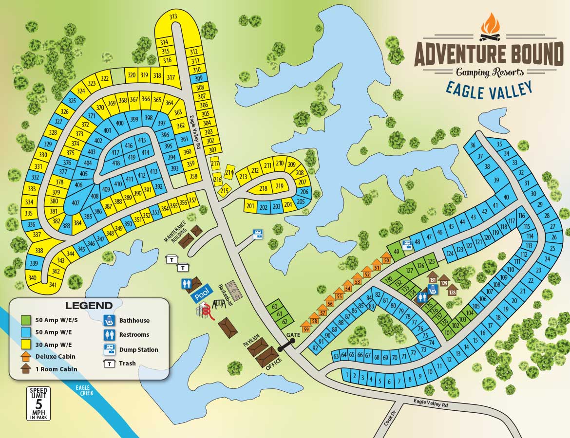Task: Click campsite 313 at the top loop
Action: [x=173, y=17]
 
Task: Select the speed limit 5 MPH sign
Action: [x=38, y=403]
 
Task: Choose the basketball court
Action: [x=230, y=292]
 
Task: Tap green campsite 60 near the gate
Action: [x=274, y=307]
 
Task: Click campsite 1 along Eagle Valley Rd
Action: [x=346, y=375]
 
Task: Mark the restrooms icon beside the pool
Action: [x=186, y=284]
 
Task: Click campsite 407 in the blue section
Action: [x=75, y=202]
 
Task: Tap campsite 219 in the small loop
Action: [x=279, y=186]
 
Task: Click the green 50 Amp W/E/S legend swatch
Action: [x=26, y=320]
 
